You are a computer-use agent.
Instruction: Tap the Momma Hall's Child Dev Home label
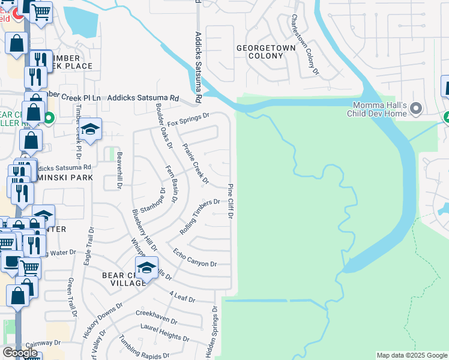[x=379, y=109]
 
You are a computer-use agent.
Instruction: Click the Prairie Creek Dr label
[x=196, y=163]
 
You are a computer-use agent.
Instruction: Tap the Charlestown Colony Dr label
[x=304, y=44]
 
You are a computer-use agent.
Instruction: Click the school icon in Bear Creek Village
[x=146, y=268]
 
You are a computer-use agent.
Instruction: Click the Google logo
[x=20, y=353]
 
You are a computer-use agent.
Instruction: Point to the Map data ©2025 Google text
[x=411, y=355]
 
